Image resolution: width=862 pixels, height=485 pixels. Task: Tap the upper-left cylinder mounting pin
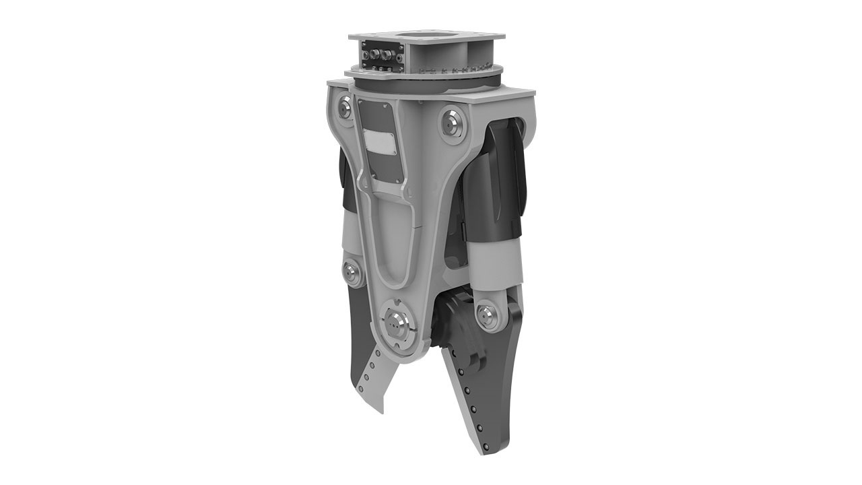click(x=345, y=106)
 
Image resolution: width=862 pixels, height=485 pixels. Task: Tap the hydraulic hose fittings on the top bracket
click(x=380, y=53)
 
